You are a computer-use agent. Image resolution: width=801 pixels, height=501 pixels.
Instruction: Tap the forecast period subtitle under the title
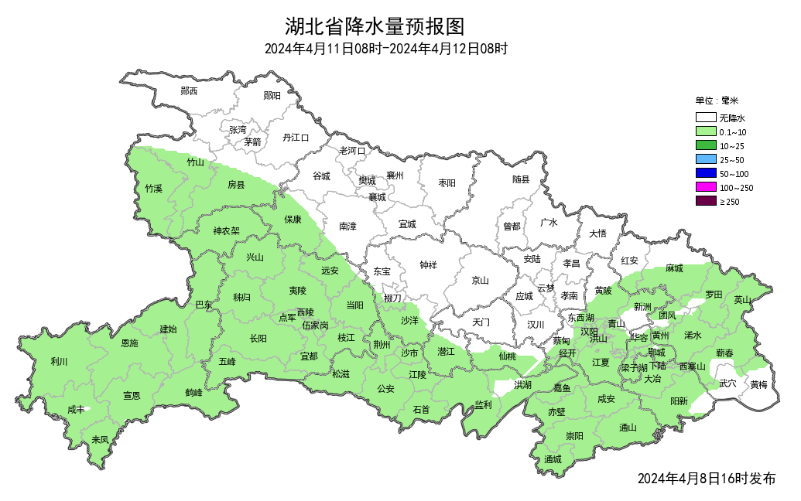(x=385, y=49)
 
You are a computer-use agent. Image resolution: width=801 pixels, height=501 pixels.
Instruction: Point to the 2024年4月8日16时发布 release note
(x=706, y=479)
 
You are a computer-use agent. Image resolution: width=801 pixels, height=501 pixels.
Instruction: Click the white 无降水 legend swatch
(x=705, y=118)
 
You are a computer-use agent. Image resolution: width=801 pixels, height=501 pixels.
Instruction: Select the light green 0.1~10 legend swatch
(x=705, y=132)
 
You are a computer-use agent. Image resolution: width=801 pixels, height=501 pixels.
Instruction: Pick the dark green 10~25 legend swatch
(x=705, y=145)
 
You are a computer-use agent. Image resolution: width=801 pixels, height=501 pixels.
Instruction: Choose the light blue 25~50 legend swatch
(x=705, y=159)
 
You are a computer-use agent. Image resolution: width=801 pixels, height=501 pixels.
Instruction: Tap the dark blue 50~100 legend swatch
(x=705, y=173)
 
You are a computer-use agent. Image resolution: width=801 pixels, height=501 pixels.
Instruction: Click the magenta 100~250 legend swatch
(x=705, y=187)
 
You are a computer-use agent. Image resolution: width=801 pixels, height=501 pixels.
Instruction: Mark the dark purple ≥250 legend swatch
(x=705, y=201)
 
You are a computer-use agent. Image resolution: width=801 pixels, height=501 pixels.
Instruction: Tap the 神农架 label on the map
(x=227, y=230)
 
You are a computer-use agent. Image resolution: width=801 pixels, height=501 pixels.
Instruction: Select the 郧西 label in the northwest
(x=189, y=91)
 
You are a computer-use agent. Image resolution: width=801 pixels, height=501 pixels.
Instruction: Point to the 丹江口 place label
(x=296, y=138)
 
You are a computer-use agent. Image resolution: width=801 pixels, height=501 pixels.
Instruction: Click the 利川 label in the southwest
(x=59, y=362)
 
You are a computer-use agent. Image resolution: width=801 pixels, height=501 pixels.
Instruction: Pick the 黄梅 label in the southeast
(x=758, y=384)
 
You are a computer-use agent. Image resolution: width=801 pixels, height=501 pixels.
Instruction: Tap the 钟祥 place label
(x=428, y=265)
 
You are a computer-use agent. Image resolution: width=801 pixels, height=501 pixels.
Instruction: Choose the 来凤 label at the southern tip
(x=100, y=439)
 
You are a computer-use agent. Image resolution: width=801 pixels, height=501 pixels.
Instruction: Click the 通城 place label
(x=552, y=459)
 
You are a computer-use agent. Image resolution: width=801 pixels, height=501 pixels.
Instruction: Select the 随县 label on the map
(x=521, y=180)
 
